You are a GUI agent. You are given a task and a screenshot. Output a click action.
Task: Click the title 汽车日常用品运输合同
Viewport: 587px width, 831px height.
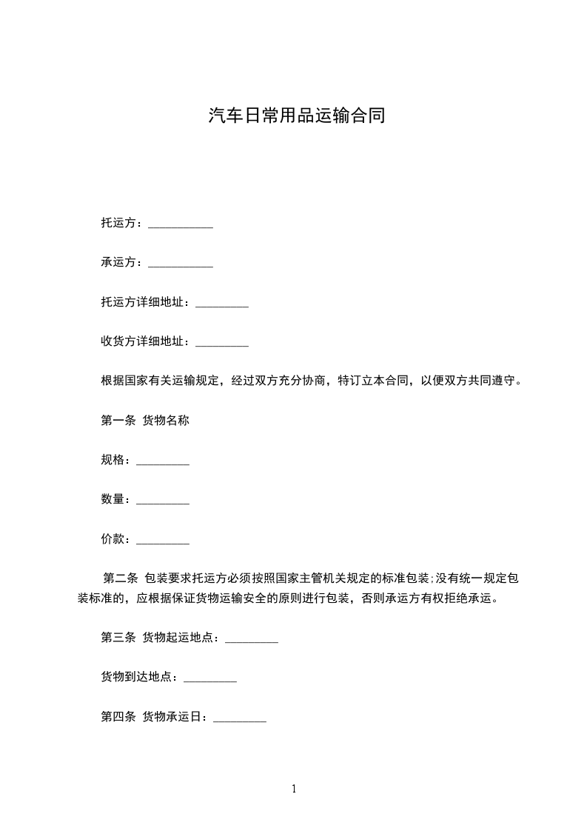tap(296, 116)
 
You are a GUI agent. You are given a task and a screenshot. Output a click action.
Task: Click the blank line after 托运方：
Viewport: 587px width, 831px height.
tap(181, 224)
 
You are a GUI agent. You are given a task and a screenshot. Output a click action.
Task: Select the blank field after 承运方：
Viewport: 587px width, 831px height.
tap(181, 264)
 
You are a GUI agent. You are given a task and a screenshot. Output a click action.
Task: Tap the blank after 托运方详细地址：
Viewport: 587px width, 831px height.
tap(222, 304)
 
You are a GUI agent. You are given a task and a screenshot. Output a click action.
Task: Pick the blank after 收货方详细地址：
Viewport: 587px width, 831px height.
tap(222, 343)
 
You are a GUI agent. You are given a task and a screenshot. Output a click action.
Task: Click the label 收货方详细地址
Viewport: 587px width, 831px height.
tap(142, 341)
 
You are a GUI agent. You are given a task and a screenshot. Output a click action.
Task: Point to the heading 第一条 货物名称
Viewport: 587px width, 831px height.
tap(145, 421)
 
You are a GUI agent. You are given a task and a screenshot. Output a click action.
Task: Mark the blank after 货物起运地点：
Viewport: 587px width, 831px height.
tap(252, 640)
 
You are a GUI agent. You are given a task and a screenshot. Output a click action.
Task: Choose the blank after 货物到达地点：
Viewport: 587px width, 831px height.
tap(210, 679)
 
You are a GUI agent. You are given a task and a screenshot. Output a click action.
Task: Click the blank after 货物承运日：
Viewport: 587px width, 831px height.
tap(240, 719)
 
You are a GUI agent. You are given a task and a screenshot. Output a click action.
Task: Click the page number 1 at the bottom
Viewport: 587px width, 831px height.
tap(294, 789)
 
